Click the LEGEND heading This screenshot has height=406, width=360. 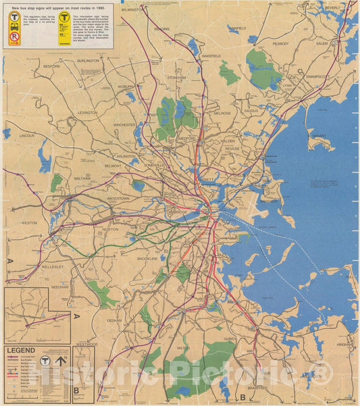[x=21, y=351]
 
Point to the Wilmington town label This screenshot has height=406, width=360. [x=133, y=10]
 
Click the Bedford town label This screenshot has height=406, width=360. [x=52, y=67]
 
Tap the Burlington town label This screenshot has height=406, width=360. [x=88, y=60]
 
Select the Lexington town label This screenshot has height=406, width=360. [x=87, y=112]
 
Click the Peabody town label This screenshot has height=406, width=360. [x=281, y=43]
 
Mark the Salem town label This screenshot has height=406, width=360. [x=322, y=43]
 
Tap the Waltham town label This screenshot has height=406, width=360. [x=82, y=178]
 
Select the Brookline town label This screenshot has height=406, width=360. [x=147, y=258]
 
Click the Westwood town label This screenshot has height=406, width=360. [x=86, y=344]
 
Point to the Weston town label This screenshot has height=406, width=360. [x=29, y=222]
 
